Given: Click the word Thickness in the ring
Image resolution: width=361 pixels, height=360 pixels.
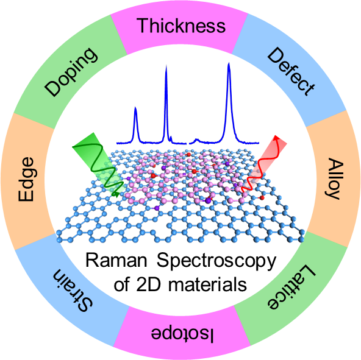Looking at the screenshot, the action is click(x=181, y=26).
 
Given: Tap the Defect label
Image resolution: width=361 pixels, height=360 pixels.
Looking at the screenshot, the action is click(x=291, y=72).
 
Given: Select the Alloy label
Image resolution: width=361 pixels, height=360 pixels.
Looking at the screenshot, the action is click(x=334, y=178).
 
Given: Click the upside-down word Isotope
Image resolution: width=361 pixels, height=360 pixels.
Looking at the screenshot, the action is click(x=182, y=335).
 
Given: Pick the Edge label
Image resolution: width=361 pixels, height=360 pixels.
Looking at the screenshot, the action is click(x=26, y=180).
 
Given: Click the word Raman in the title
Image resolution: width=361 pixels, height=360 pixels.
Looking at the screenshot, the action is click(x=116, y=260).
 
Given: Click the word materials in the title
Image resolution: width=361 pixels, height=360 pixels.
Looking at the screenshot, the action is click(x=207, y=284).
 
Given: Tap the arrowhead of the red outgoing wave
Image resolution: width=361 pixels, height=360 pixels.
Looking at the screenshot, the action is click(x=276, y=138).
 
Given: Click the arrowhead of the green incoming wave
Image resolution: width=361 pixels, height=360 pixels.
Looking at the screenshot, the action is click(x=116, y=194).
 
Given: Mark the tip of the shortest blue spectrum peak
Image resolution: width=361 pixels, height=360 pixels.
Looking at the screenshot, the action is click(x=135, y=107).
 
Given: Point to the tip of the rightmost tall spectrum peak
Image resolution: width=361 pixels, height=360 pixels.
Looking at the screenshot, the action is click(x=229, y=63).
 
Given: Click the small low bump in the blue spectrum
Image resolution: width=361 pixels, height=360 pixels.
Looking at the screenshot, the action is click(x=196, y=139).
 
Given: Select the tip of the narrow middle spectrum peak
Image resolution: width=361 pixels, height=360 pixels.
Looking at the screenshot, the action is click(x=166, y=66).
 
